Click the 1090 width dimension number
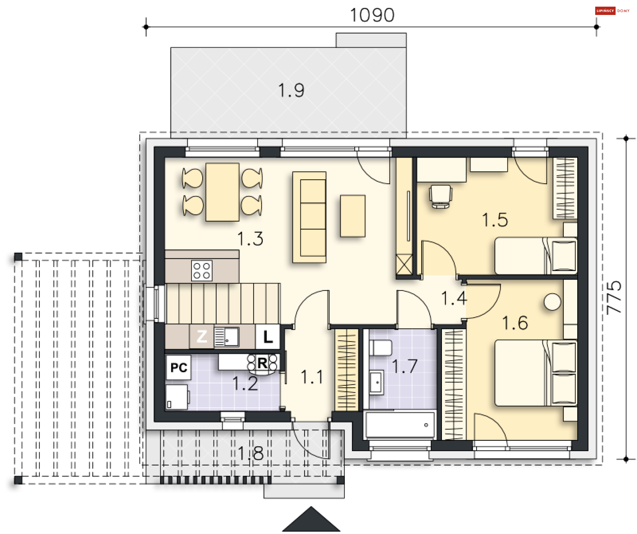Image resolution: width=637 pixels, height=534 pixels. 372,15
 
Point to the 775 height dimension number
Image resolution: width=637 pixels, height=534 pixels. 614,298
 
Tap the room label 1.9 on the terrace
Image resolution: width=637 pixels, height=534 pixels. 291,90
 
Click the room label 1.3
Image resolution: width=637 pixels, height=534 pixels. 250,238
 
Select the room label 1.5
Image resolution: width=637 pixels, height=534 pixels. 495,220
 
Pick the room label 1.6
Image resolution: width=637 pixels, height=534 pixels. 515,323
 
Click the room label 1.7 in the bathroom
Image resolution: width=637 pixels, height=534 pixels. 404,366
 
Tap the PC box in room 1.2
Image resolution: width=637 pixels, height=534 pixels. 179,367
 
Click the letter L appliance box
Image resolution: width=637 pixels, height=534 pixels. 268,337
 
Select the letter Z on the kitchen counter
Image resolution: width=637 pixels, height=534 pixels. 202,336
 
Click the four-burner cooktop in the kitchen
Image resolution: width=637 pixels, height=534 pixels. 202,270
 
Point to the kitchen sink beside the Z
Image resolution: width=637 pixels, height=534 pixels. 227,337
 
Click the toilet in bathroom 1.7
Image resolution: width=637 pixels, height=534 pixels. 381,348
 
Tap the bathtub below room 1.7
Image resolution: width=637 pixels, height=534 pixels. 400,425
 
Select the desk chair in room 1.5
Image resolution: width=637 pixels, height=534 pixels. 441,197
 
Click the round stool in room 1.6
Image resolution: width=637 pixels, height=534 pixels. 552,302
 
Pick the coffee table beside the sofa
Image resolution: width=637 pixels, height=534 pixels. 353,216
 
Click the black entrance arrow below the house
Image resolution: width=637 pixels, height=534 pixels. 311,519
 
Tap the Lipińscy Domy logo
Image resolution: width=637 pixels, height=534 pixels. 612,11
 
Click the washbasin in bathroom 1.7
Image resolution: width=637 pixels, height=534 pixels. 377,383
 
